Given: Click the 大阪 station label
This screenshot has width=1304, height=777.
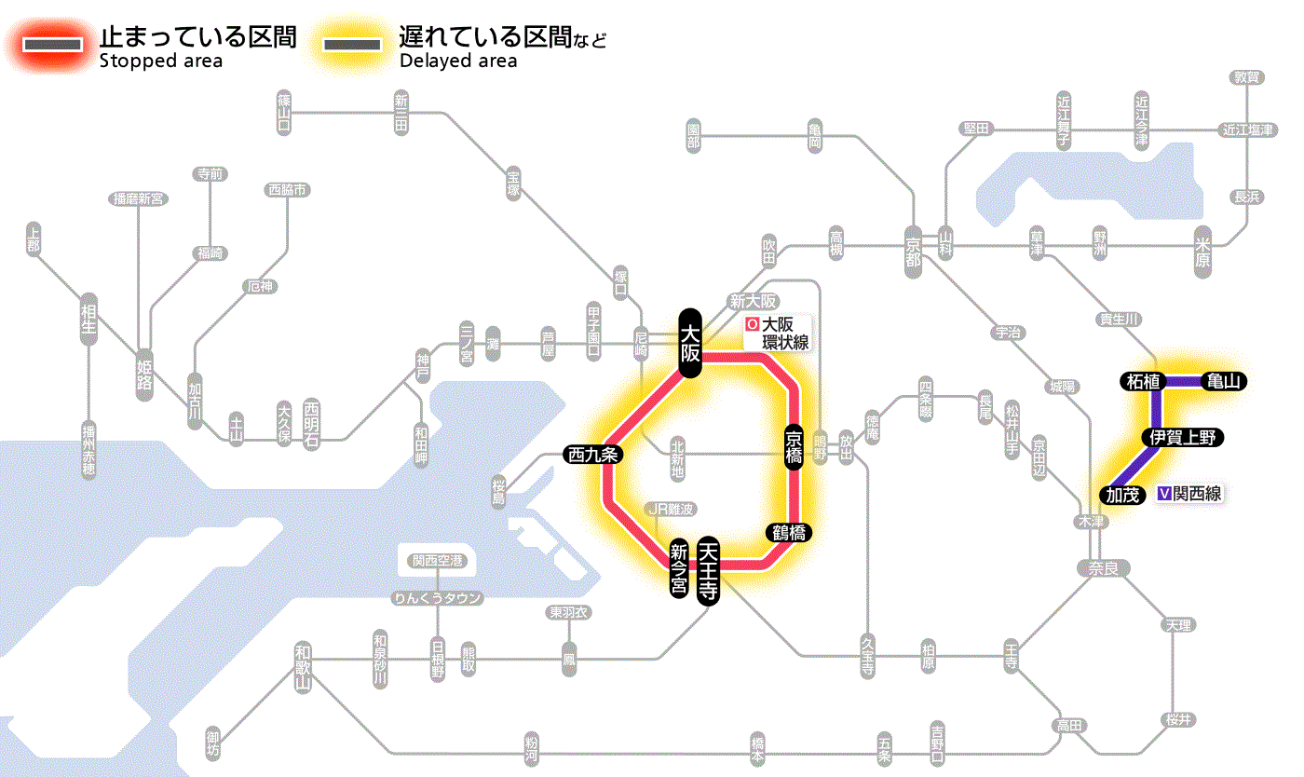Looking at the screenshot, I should pos(689,343).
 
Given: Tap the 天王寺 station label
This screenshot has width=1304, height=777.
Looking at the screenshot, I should pos(710,572).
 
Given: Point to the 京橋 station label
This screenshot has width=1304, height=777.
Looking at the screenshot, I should pos(794,448).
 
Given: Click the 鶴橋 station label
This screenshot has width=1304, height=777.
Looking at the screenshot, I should pos(788,533).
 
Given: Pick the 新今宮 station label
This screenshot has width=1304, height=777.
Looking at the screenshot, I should pos(679,569).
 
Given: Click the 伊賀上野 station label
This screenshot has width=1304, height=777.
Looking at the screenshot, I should pos(1182,437).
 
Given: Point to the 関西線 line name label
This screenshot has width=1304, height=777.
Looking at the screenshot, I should pos(1197,494).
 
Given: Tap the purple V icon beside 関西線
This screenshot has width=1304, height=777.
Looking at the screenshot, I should pos(1164,494).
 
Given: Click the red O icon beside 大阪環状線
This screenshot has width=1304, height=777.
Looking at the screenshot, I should pos(753,325).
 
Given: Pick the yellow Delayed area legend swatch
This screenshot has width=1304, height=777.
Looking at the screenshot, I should pos(351,45).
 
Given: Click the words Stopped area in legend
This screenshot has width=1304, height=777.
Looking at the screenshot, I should pos(160,61).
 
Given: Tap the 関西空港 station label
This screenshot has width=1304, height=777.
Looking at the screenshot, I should pos(438,561).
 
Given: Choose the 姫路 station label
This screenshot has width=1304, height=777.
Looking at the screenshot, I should pos(144,375).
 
